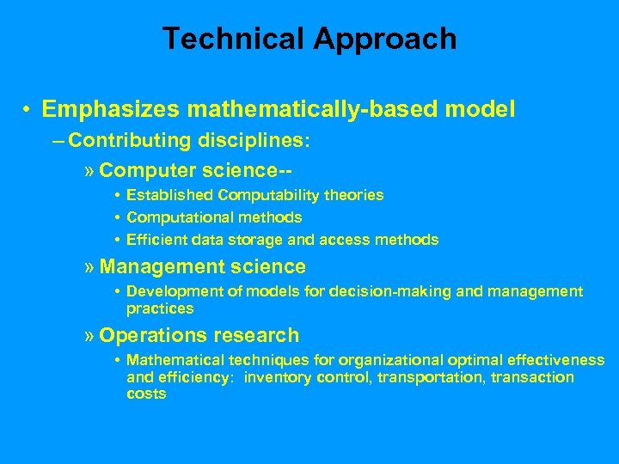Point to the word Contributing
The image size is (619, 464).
click(x=130, y=140)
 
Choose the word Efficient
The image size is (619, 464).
click(x=157, y=240)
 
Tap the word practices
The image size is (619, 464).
click(x=160, y=308)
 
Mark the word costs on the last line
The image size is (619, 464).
click(x=146, y=394)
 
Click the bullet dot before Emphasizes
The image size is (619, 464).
click(x=28, y=110)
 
